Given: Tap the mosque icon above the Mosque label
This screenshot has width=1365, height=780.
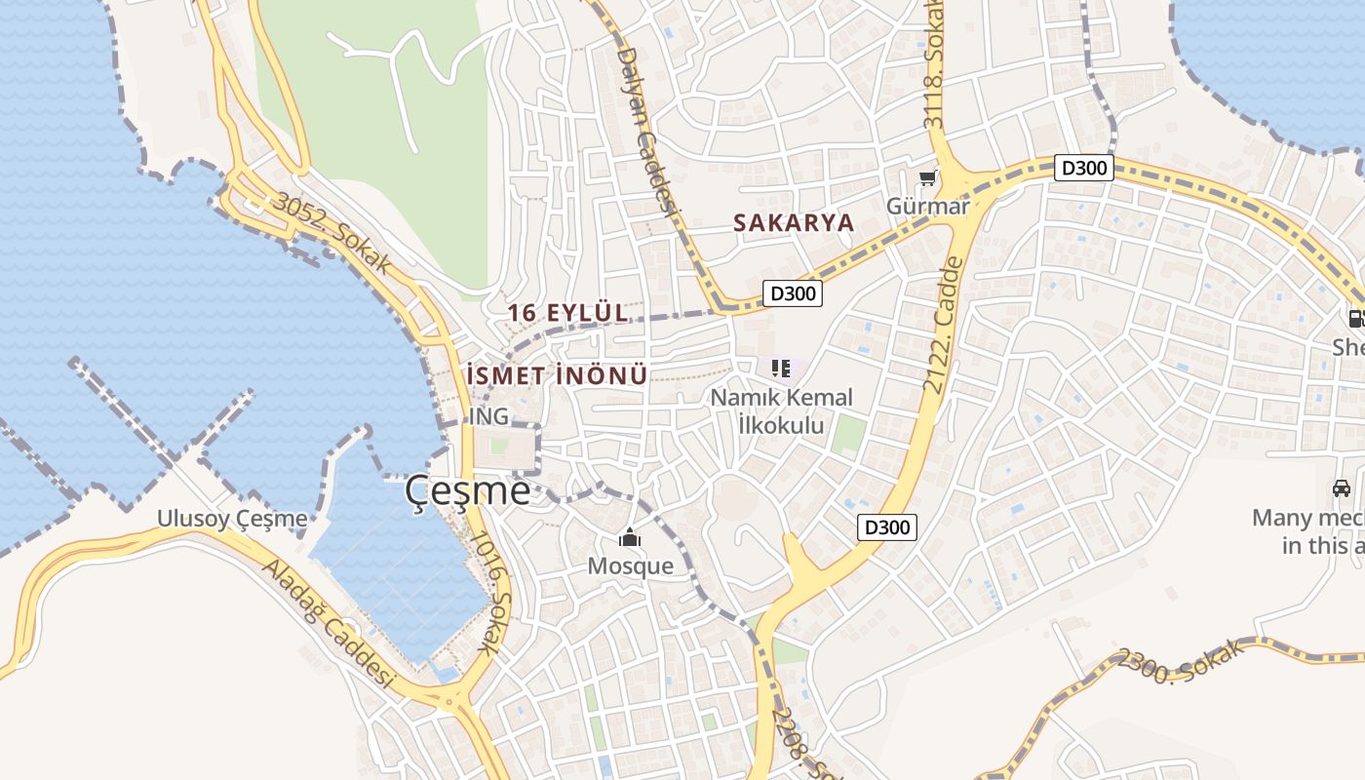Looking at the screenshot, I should [630, 538].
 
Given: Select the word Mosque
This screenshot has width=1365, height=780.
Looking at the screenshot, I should [630, 566].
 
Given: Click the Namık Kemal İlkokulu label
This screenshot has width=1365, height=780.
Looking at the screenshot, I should [781, 411].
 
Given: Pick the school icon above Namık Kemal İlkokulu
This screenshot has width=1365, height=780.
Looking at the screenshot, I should [780, 369].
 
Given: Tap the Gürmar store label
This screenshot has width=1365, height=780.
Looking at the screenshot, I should [927, 206].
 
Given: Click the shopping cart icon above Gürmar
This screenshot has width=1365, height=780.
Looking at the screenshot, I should [927, 178].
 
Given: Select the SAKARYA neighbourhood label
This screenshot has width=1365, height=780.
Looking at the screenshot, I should [794, 222].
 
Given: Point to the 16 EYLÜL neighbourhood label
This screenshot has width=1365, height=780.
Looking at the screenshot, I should [568, 313].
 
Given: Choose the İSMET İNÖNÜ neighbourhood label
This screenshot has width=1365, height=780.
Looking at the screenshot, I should [557, 375].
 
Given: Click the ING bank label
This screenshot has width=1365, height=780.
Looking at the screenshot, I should [488, 416].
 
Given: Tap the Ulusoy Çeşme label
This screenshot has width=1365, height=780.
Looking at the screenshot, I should [232, 519].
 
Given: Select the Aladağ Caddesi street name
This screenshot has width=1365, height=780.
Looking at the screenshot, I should [328, 625].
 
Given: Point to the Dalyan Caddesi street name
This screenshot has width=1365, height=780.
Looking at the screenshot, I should [647, 132].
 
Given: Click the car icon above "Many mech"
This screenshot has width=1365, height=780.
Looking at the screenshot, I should [1342, 487].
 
